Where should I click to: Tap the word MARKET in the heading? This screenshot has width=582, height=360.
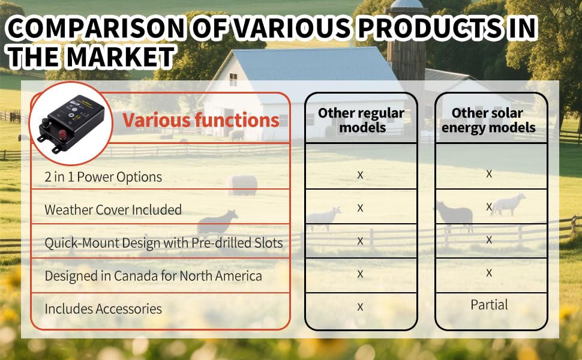(120, 57)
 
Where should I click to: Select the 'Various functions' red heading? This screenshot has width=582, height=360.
(201, 120)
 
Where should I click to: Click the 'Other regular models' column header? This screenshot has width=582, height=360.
(361, 120)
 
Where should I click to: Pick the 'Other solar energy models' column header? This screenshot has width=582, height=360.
(488, 120)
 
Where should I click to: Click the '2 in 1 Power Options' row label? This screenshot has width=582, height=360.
(103, 177)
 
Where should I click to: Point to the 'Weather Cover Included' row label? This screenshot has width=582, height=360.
(113, 209)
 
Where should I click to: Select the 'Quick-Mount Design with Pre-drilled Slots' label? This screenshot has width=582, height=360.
(164, 243)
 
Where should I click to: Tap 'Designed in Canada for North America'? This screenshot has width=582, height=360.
(153, 276)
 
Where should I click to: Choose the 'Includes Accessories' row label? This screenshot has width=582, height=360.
(103, 309)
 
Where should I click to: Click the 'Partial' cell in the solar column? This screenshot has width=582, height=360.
(489, 305)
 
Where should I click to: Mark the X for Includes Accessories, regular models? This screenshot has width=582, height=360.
(360, 307)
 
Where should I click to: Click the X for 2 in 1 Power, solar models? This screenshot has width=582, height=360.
(489, 174)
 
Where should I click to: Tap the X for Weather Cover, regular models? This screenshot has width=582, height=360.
(360, 208)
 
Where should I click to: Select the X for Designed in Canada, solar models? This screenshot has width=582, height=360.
(489, 273)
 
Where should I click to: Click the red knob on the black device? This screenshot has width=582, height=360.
(62, 134)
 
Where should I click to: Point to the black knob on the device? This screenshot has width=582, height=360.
(46, 122)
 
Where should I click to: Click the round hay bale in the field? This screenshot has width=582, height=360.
(242, 185)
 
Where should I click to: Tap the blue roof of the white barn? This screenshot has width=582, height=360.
(312, 65)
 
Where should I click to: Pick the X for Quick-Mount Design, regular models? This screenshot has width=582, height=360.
(360, 241)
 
